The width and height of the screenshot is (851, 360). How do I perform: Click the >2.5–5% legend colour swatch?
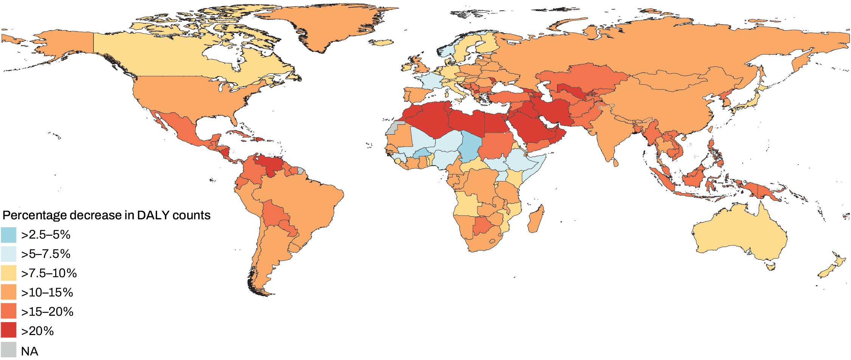click(8, 235)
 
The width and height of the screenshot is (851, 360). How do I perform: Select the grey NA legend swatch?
click(8, 350)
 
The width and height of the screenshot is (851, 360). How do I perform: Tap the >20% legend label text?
click(37, 331)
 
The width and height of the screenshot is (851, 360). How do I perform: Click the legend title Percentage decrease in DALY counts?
click(106, 216)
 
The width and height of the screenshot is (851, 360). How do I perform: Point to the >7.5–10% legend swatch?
click(8, 273)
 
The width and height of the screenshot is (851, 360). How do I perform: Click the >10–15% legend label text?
click(47, 293)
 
